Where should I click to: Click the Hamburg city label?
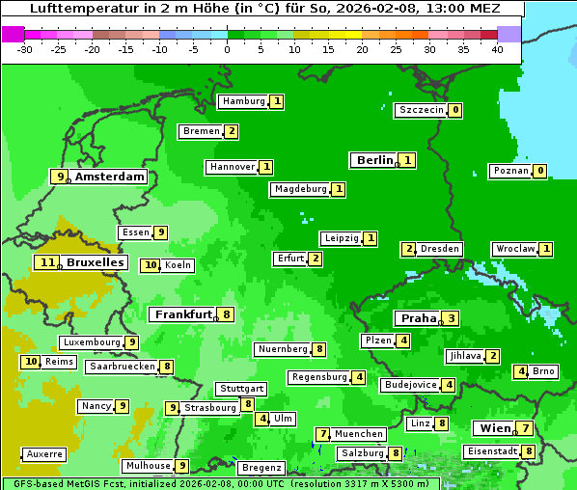pos(243,101)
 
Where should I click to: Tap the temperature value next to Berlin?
pos(408,160)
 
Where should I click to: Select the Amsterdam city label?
pos(110,177)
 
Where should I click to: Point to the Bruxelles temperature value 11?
pos(47,262)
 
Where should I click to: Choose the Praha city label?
pos(419,318)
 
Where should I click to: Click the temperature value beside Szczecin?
pos(454,110)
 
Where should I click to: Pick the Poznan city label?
pos(510,171)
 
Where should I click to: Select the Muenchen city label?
pos(359,434)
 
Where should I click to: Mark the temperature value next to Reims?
pos(31,362)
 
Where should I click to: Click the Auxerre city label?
pos(44,453)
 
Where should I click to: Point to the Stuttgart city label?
pos(240,389)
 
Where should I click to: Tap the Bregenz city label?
pos(261,468)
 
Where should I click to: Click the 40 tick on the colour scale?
pos(497,49)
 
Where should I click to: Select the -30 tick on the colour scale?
pos(25,49)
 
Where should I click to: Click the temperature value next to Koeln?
pos(150,265)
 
